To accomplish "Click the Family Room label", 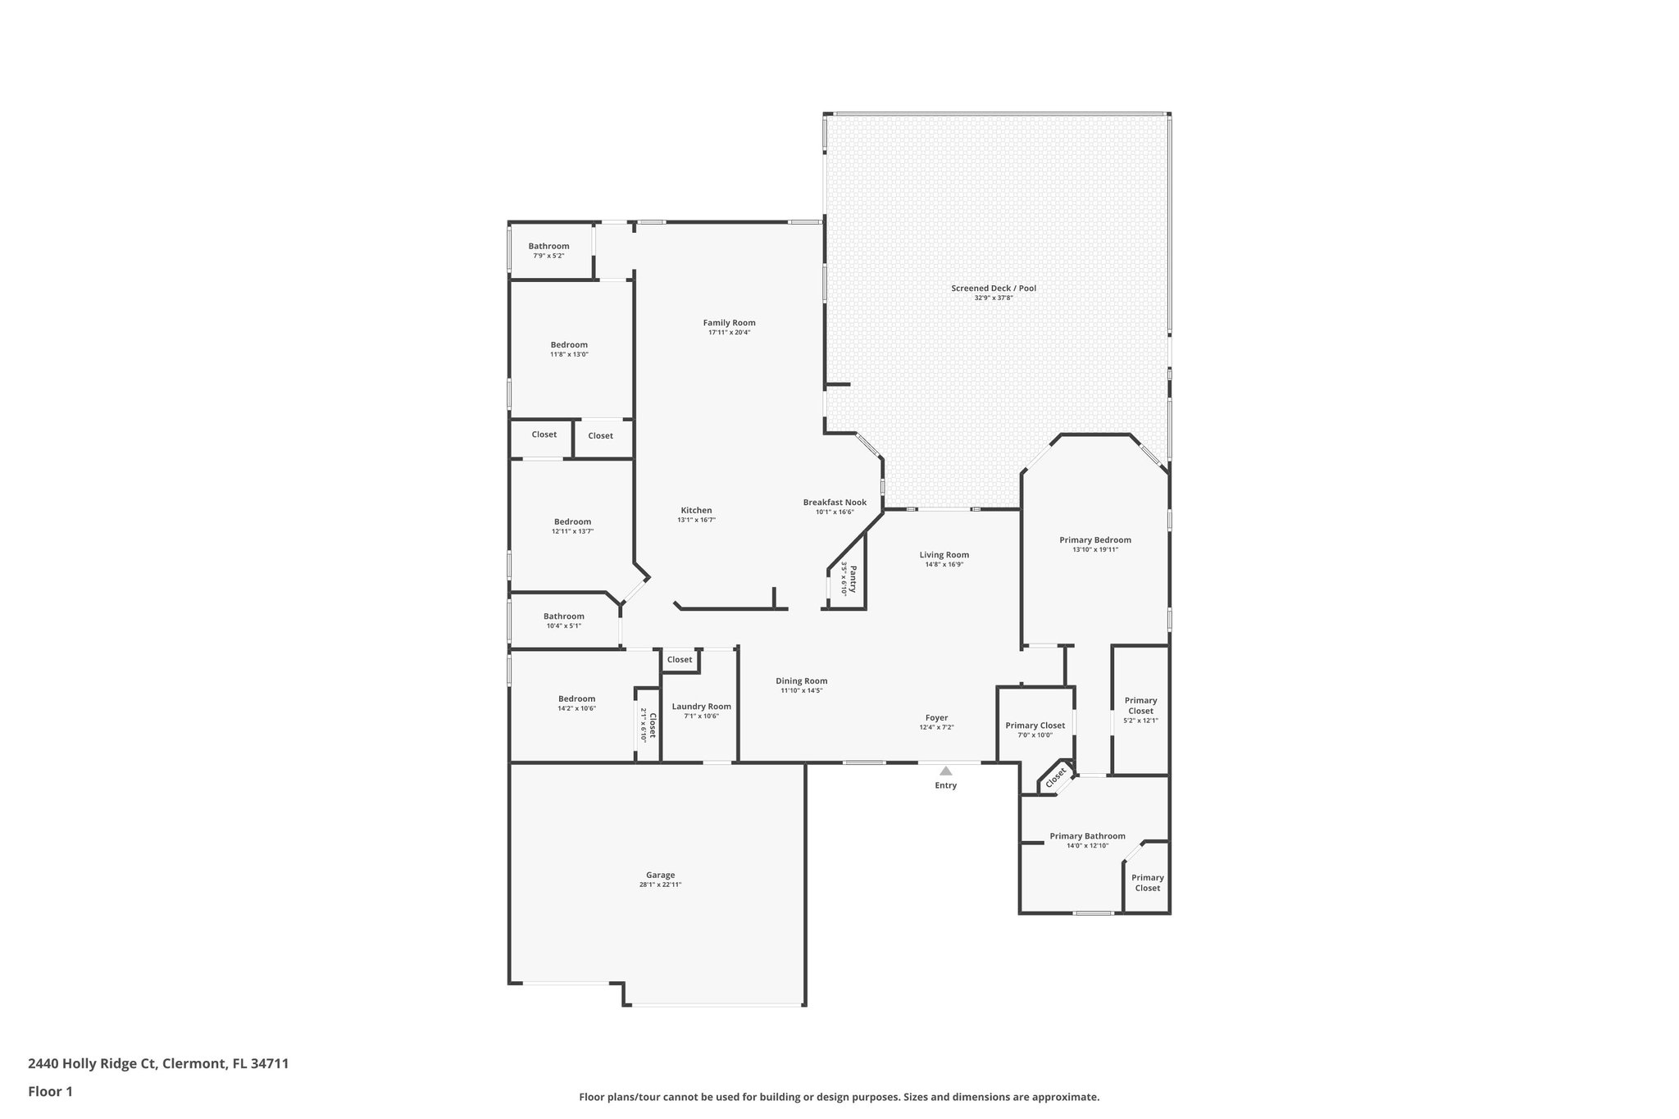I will pyautogui.click(x=729, y=323).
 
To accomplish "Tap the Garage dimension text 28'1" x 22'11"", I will pyautogui.click(x=660, y=885).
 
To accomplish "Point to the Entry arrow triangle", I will pyautogui.click(x=945, y=771).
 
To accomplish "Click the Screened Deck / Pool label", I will pyautogui.click(x=994, y=289).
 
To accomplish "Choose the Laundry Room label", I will pyautogui.click(x=701, y=707).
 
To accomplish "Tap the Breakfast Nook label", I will pyautogui.click(x=835, y=503).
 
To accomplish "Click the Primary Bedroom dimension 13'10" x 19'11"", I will pyautogui.click(x=1094, y=549).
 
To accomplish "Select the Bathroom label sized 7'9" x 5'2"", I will pyautogui.click(x=548, y=246).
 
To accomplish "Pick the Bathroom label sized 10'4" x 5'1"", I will pyautogui.click(x=563, y=616).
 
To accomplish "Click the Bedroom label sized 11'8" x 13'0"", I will pyautogui.click(x=569, y=345).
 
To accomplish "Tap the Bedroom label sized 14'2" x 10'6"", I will pyautogui.click(x=576, y=698).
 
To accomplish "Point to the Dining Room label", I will pyautogui.click(x=801, y=681).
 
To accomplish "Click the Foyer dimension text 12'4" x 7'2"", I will pyautogui.click(x=936, y=727).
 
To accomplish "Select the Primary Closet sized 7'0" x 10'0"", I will pyautogui.click(x=1035, y=726).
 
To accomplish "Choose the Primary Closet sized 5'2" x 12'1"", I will pyautogui.click(x=1140, y=706).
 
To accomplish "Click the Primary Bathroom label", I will pyautogui.click(x=1087, y=836).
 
